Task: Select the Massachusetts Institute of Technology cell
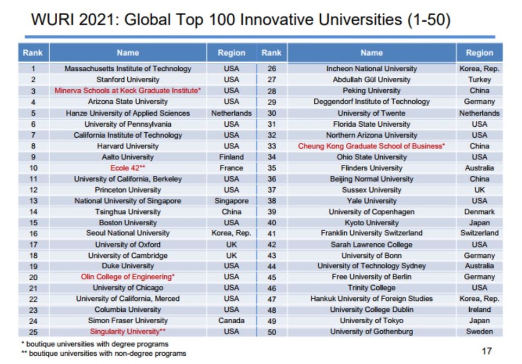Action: [128, 69]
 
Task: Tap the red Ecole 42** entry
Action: [128, 168]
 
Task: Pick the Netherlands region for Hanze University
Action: [231, 113]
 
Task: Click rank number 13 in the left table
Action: [33, 201]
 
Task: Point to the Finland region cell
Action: [231, 157]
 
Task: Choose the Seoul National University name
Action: [128, 233]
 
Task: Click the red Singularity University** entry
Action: [128, 331]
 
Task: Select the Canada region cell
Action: [231, 320]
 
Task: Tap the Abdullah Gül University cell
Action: [371, 79]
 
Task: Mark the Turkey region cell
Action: [479, 79]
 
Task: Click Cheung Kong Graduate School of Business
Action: [371, 146]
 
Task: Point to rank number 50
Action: [271, 331]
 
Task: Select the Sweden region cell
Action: [479, 331]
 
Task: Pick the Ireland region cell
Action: [479, 310]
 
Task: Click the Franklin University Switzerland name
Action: [371, 233]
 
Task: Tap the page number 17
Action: [487, 351]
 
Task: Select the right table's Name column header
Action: [371, 53]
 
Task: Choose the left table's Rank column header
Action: [33, 53]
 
